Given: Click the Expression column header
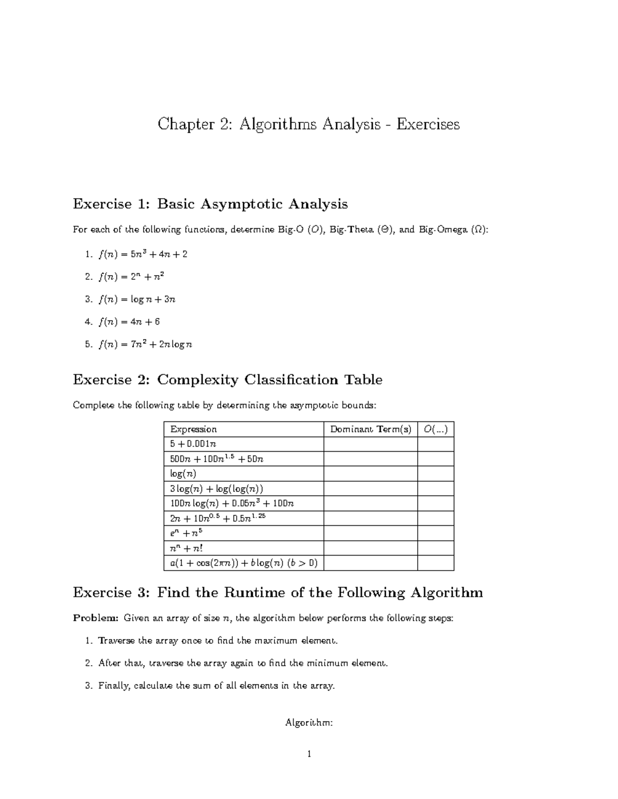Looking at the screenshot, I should point(194,429).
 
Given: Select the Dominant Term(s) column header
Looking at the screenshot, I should point(370,429).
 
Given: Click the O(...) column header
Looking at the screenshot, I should point(435,429).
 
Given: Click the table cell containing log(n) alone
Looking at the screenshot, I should point(183,474).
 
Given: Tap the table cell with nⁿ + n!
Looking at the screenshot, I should point(187,548).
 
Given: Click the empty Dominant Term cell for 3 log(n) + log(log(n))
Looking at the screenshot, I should point(370,489).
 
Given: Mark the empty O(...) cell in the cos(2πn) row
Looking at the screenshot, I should point(435,563).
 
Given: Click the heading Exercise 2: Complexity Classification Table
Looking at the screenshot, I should point(227,380).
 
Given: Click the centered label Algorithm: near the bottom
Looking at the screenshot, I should point(309,723).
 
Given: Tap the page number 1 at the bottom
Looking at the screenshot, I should point(309,755).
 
